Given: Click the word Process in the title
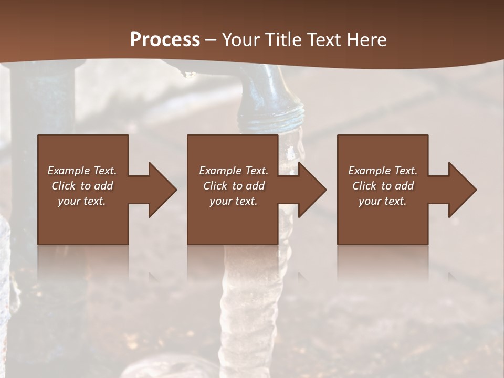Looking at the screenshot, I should click(165, 39).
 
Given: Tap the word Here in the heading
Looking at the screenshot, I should click(366, 39).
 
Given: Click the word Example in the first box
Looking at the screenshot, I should click(69, 171).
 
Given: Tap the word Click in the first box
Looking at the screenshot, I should click(64, 186).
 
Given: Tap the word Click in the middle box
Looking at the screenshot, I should click(215, 186).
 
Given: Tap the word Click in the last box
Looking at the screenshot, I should click(364, 186).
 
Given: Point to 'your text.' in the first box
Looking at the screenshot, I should click(82, 201).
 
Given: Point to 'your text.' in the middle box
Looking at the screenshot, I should click(234, 201).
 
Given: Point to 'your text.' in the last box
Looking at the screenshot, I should click(383, 201).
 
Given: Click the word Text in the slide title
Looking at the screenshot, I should click(323, 39).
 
